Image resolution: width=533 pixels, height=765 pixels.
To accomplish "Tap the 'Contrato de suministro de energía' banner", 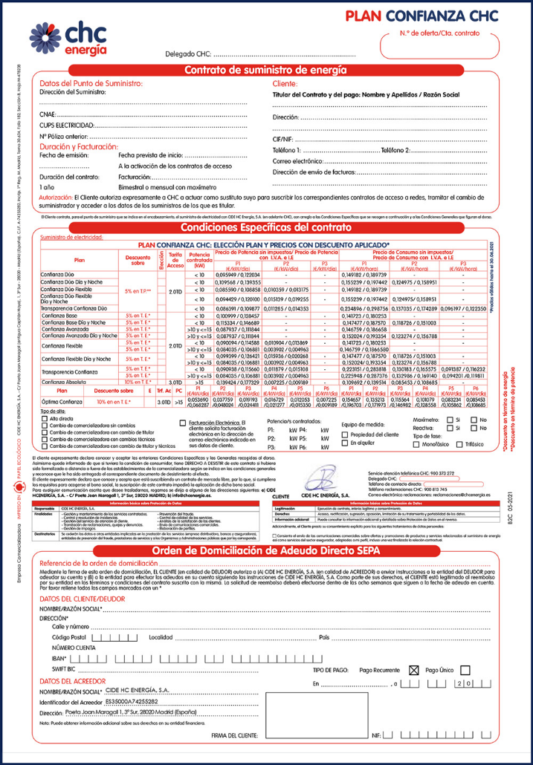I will (x=265, y=71).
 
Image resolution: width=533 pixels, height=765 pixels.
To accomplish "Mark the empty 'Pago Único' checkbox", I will (x=466, y=669).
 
